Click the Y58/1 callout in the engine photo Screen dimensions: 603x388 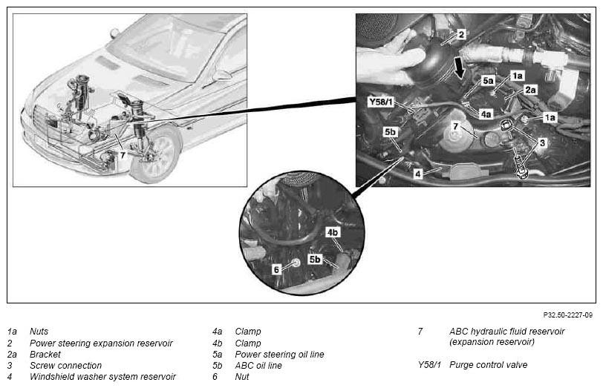pyautogui.click(x=381, y=102)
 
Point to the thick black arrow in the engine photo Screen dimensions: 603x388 pyautogui.click(x=459, y=68)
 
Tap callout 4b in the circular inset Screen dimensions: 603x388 pyautogui.click(x=333, y=232)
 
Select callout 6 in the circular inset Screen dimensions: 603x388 pyautogui.click(x=276, y=270)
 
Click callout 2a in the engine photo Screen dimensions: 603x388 pyautogui.click(x=530, y=90)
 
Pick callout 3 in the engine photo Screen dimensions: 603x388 pyautogui.click(x=542, y=143)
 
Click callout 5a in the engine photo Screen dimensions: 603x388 pyautogui.click(x=488, y=81)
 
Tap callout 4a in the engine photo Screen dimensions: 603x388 pyautogui.click(x=486, y=114)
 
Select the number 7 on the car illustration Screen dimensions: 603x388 pyautogui.click(x=123, y=155)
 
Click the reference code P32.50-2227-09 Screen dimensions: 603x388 pyautogui.click(x=567, y=315)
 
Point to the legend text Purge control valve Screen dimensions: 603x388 pyautogui.click(x=488, y=364)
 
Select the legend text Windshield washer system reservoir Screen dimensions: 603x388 pyautogui.click(x=102, y=376)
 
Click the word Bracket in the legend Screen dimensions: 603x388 pyautogui.click(x=45, y=354)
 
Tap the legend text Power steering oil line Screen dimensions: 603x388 pyautogui.click(x=279, y=354)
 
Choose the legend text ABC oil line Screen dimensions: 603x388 pyautogui.click(x=258, y=365)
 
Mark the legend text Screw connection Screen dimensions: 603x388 pyautogui.click(x=66, y=365)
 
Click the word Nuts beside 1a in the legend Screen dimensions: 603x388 pyautogui.click(x=39, y=331)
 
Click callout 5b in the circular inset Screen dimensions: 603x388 pyautogui.click(x=315, y=260)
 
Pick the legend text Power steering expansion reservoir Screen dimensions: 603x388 pyautogui.click(x=101, y=343)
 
